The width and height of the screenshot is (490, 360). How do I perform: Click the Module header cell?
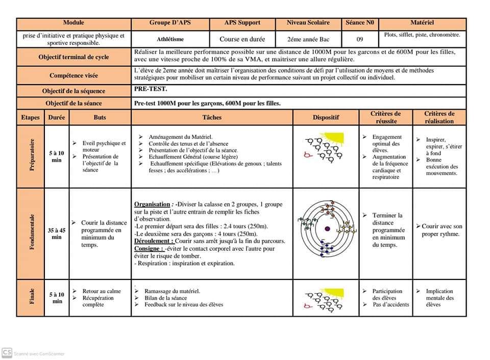click(73, 23)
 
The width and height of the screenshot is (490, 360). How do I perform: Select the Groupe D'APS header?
click(170, 23)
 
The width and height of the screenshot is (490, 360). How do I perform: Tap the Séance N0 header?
click(359, 23)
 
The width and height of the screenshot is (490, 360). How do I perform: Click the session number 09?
click(359, 39)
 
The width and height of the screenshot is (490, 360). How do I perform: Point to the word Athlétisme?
click(170, 39)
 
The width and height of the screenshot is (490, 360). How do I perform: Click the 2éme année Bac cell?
click(308, 39)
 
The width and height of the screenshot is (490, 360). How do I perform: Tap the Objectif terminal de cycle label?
click(73, 57)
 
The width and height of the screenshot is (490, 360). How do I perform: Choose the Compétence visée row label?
click(73, 75)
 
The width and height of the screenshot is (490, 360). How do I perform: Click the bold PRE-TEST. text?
click(148, 89)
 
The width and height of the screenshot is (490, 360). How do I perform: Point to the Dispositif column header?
click(326, 117)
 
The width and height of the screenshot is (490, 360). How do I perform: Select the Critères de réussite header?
click(385, 117)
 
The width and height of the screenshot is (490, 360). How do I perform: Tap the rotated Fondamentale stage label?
click(31, 234)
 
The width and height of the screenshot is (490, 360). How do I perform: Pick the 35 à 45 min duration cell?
click(57, 234)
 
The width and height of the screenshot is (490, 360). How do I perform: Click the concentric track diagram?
click(326, 228)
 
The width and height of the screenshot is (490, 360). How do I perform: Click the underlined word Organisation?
click(152, 204)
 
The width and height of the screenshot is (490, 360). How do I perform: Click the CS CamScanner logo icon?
click(7, 352)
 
